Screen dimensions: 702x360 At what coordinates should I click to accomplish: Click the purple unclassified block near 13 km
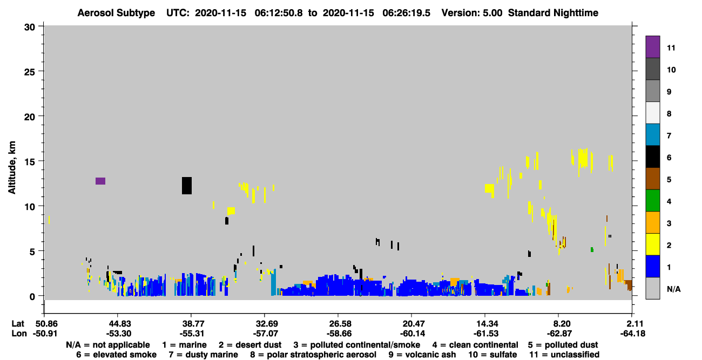tap(100, 181)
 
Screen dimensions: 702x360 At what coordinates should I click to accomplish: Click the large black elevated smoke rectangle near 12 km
tap(187, 186)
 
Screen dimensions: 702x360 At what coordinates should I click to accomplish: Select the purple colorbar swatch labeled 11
tap(653, 46)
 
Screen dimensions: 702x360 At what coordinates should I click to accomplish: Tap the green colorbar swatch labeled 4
tap(653, 200)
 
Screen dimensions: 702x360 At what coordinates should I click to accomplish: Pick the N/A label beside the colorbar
tap(673, 289)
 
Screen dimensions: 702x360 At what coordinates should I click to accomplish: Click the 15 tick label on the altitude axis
tap(30, 162)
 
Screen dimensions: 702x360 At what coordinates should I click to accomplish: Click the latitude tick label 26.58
tap(340, 323)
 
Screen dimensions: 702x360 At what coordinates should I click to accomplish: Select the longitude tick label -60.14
tap(412, 334)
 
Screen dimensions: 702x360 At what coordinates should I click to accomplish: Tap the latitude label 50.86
tap(46, 323)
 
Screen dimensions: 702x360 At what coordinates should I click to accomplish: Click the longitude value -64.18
tap(632, 334)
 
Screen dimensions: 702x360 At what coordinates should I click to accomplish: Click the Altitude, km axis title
tap(12, 168)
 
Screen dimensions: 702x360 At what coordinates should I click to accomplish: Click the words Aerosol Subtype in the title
tap(116, 13)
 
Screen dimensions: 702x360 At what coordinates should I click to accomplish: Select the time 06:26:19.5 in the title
tap(406, 13)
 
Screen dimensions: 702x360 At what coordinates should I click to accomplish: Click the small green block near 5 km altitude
tap(592, 250)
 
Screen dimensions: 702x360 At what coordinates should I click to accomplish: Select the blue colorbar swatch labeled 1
tap(653, 266)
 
